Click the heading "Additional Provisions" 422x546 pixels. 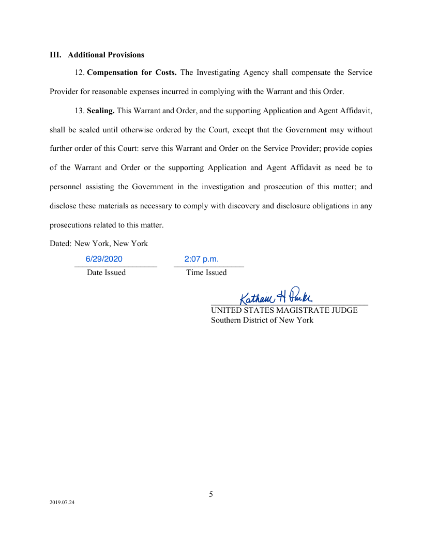[x=106, y=55]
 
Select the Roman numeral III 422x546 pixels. [x=55, y=55]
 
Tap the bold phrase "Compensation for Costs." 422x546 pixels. [x=132, y=72]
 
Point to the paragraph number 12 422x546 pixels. [x=79, y=72]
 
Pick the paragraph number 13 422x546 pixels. [x=79, y=111]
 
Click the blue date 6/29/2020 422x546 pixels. [x=104, y=259]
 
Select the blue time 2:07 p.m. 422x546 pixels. [x=201, y=259]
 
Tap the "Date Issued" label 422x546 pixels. [x=106, y=272]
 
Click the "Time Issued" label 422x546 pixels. [x=206, y=272]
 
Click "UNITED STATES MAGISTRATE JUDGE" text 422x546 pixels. [x=284, y=311]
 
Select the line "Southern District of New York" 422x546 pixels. [x=262, y=320]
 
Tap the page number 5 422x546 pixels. [x=211, y=494]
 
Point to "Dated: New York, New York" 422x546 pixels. [x=99, y=244]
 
